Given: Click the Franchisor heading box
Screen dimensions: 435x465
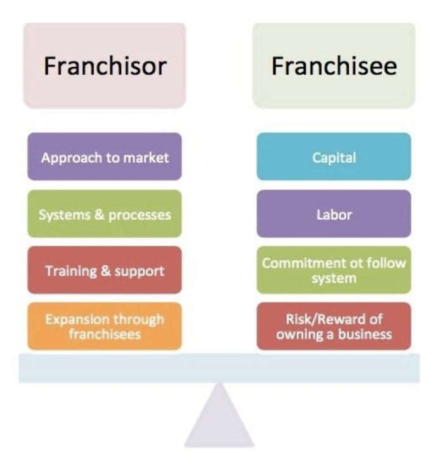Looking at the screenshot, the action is point(105,66).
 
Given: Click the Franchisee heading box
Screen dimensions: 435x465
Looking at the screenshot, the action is point(334,66).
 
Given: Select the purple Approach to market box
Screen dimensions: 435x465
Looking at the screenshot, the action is point(105,156).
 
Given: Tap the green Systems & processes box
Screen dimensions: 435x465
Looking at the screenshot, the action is point(105,214).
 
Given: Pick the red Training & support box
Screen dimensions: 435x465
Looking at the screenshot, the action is point(105,271).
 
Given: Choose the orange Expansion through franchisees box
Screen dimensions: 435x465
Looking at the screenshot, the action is point(105,326).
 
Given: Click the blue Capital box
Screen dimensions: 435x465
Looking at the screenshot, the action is point(334,156).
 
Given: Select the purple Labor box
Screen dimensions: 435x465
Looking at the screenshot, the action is point(334,214).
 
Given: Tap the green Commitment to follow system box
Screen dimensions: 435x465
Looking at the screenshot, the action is point(334,271).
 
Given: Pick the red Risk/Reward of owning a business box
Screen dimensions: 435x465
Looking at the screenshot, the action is point(334,326).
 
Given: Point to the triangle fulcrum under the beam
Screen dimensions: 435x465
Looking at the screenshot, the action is point(219,421).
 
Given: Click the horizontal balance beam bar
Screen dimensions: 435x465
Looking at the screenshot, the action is point(219,368).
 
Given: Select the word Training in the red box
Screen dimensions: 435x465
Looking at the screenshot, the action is point(70,271).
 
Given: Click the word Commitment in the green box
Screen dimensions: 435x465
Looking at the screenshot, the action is point(300,263).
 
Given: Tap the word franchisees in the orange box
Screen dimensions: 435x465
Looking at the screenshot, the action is point(105,334).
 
